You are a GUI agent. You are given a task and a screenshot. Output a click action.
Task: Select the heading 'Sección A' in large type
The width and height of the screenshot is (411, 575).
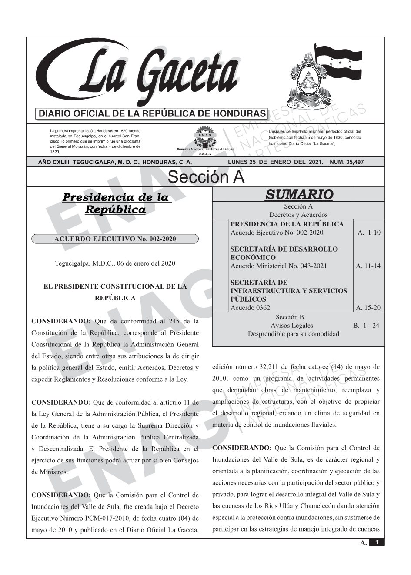[206, 177]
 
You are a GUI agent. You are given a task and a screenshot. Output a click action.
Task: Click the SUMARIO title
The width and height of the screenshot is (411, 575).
[298, 195]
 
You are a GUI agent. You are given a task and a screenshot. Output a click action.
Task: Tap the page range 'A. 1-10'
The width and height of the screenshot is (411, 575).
[368, 233]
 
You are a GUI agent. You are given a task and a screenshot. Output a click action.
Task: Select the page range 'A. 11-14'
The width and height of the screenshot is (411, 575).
[368, 266]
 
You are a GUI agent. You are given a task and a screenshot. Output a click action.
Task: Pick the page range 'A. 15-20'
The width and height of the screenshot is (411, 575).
[368, 308]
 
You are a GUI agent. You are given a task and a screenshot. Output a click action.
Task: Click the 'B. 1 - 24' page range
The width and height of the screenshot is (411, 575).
[366, 325]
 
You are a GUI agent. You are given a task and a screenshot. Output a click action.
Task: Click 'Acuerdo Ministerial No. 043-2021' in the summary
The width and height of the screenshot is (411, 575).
[278, 266]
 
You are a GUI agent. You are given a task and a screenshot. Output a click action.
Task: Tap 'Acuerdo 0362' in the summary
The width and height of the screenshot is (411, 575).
[250, 308]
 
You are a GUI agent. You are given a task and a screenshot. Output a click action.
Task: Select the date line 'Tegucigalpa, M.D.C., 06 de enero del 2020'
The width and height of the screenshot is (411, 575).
[115, 263]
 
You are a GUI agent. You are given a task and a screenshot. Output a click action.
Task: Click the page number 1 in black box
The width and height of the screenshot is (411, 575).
[377, 542]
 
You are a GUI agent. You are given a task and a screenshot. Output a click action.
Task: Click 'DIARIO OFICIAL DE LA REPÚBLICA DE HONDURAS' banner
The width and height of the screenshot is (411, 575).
[152, 114]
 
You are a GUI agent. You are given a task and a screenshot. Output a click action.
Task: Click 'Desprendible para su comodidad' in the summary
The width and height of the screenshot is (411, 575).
[293, 334]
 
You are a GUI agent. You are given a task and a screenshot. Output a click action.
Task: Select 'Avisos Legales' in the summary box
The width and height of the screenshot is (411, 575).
[291, 325]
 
